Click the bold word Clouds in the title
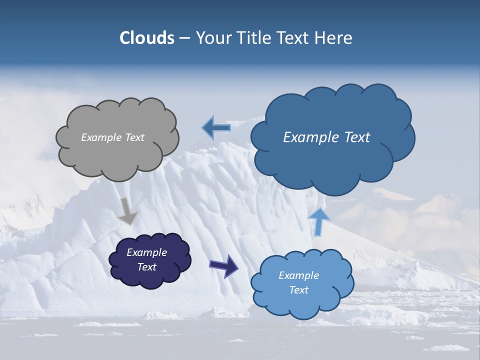[147, 38]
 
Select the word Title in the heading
[255, 38]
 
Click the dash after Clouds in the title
[184, 38]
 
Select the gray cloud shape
[117, 155]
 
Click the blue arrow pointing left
[216, 128]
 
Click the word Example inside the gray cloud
[100, 137]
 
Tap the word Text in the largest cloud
[357, 137]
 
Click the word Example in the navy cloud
[146, 252]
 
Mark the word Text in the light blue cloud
[298, 290]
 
